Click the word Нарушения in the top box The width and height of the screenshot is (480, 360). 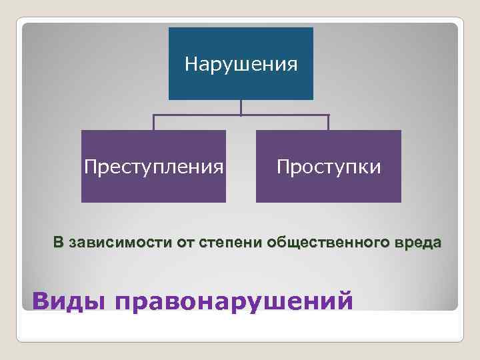241,64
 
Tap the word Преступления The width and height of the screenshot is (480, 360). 154,166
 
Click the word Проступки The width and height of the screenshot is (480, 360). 329,166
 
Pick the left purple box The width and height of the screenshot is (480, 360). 154,187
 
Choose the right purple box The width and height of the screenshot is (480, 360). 329,187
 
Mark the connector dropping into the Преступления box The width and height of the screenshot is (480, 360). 154,123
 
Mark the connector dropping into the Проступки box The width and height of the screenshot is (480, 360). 328,123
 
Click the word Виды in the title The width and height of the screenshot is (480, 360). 69,301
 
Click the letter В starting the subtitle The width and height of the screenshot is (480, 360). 58,243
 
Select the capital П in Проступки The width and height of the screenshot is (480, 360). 283,166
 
